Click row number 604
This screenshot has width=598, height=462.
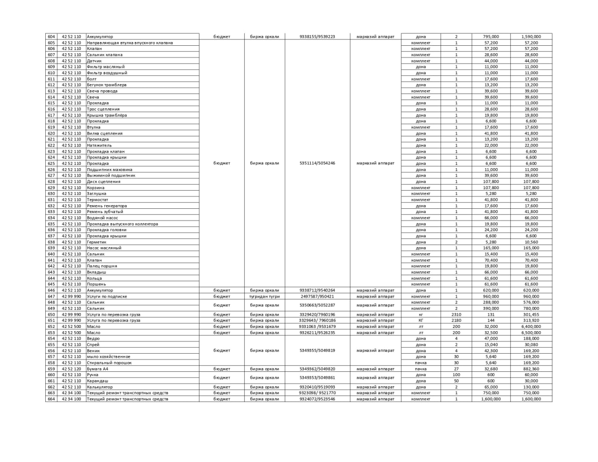click(51, 36)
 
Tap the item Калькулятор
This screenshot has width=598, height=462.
click(100, 387)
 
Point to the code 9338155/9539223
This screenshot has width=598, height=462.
click(317, 36)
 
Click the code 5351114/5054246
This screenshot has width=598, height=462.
click(317, 163)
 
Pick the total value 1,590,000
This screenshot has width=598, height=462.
click(531, 36)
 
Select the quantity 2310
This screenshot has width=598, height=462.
click(456, 315)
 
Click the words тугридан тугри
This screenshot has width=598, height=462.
click(264, 297)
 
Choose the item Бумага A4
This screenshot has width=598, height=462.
click(97, 369)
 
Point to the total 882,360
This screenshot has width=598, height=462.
click(531, 369)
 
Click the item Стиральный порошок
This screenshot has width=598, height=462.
click(109, 363)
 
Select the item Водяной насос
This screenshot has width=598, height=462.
click(102, 218)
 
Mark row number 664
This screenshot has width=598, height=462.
click(51, 399)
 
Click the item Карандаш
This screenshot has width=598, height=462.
click(97, 381)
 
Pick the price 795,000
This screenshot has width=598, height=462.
click(491, 36)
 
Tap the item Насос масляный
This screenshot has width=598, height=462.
click(104, 248)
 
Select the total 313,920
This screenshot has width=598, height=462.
click(531, 321)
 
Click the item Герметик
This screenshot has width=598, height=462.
click(96, 242)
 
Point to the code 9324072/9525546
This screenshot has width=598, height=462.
click(317, 399)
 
